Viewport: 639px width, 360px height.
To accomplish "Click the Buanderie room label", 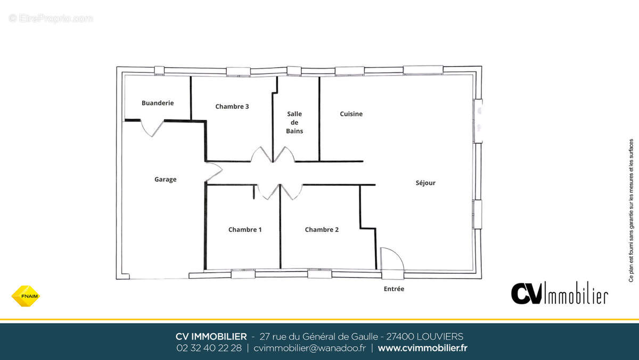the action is point(158,103).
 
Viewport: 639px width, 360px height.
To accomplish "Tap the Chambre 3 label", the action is point(232,107).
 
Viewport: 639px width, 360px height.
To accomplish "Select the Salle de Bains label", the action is point(294,122).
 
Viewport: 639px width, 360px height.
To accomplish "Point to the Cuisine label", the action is point(351,114).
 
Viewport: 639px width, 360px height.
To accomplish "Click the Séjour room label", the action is point(425,183).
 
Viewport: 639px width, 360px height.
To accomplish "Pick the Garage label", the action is point(166,179).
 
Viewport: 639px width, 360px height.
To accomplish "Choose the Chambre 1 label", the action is point(245,230).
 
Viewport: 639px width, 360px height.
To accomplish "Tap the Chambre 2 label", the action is point(322,230).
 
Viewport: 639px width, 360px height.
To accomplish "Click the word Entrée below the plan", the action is point(394,289).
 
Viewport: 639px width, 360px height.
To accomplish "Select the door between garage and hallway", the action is point(214,171).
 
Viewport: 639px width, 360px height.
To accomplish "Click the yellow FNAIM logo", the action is point(26,296).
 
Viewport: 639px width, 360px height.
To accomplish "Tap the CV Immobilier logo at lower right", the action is point(560,293).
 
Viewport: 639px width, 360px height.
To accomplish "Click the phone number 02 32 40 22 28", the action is point(209,348).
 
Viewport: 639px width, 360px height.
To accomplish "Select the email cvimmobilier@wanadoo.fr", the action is point(309,348).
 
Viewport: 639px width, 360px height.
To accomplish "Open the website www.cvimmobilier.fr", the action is point(422,348).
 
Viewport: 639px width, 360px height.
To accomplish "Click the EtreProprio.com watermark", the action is point(51,19).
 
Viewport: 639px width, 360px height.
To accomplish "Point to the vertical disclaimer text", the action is point(630,210).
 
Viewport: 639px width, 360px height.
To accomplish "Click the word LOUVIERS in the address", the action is point(440,337).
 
